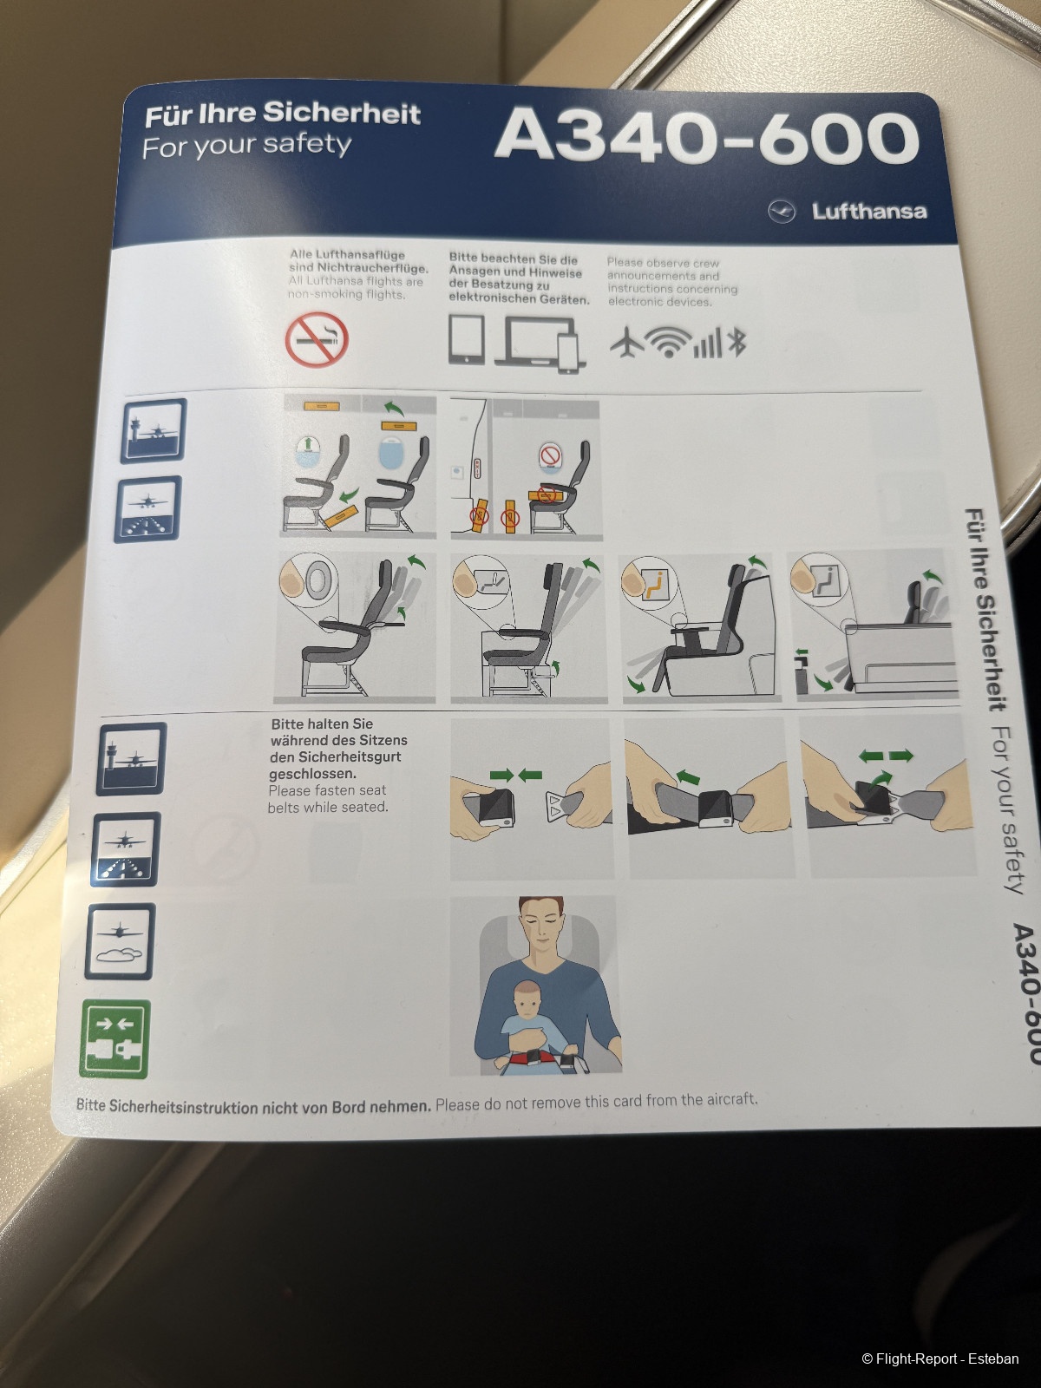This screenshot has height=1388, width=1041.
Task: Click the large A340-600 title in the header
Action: click(707, 138)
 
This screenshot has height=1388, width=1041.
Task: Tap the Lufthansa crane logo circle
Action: click(782, 212)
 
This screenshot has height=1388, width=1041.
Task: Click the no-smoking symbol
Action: click(317, 339)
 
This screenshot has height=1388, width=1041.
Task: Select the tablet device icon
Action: click(467, 339)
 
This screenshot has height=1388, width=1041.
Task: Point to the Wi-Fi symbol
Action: click(667, 343)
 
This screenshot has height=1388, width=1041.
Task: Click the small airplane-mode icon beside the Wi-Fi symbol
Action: click(627, 342)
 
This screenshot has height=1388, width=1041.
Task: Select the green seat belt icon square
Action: click(115, 1038)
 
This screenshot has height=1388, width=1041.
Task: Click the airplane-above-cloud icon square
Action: click(120, 941)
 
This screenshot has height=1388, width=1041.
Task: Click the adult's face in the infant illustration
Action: click(541, 925)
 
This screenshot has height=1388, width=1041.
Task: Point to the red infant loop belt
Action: click(536, 1058)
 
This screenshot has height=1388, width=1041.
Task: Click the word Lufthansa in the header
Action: click(869, 211)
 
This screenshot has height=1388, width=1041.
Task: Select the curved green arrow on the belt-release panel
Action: click(881, 779)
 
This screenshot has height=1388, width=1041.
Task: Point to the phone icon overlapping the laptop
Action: click(567, 353)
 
